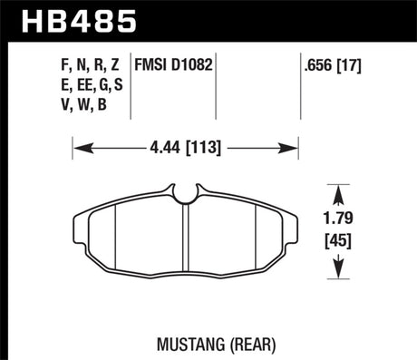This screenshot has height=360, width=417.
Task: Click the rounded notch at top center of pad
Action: (x=185, y=193)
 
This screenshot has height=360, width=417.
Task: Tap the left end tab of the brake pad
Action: (x=74, y=222)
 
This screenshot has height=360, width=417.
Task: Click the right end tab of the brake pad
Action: (x=296, y=222)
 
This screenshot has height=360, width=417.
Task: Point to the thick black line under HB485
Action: (x=208, y=39)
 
